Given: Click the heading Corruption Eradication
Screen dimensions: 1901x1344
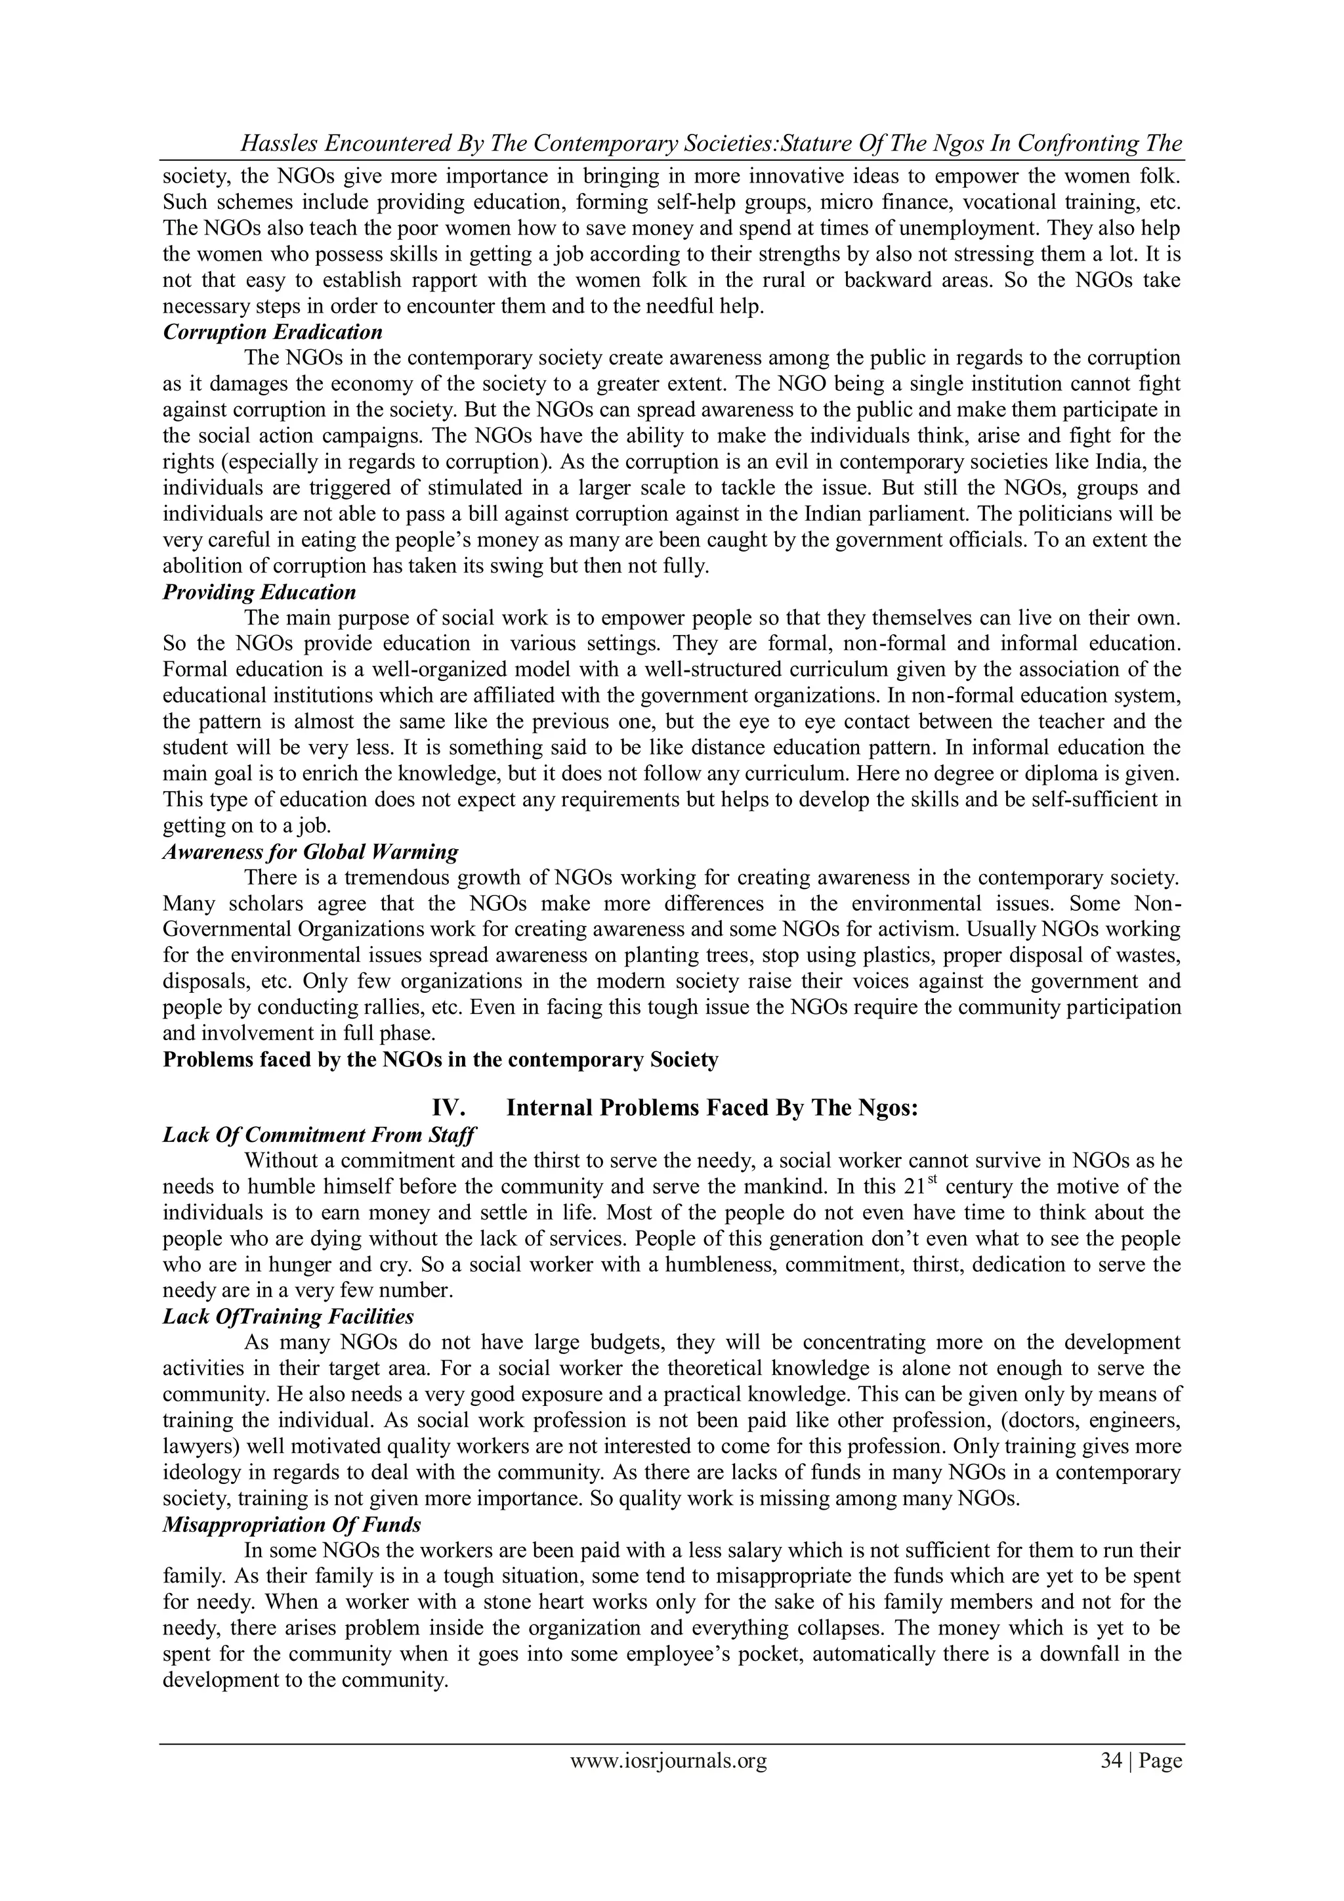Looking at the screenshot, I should tap(272, 333).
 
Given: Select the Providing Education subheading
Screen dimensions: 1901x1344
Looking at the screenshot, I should tap(259, 593).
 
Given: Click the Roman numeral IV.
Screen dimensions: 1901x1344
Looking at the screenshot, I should tap(453, 1108).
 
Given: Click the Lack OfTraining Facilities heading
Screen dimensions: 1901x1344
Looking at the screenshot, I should tap(288, 1317).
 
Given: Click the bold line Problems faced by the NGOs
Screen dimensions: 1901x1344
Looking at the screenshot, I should tap(440, 1060).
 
